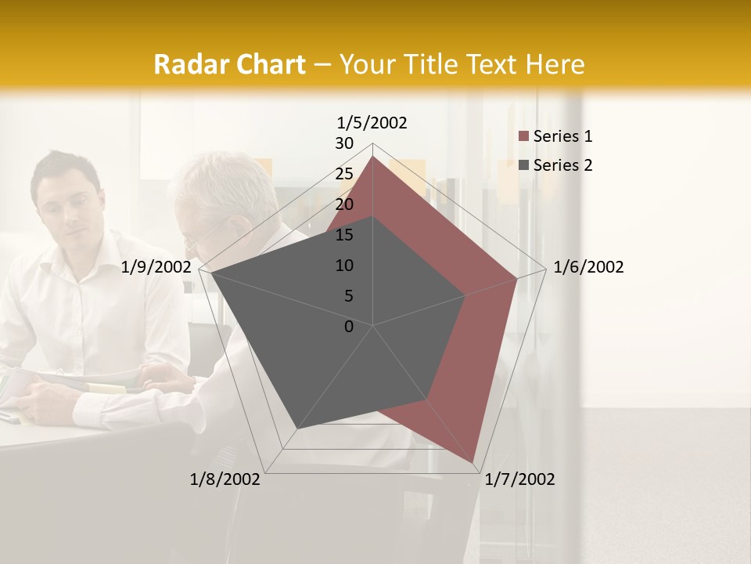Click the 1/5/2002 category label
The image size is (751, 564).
tap(372, 122)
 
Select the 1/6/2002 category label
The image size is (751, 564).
tap(588, 267)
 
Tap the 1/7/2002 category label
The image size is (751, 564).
tap(519, 479)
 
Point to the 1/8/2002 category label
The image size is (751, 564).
tap(225, 479)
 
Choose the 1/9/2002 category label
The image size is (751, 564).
tap(156, 267)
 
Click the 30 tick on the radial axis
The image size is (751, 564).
tap(344, 143)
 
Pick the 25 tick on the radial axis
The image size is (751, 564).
tap(344, 174)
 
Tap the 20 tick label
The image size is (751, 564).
tap(344, 204)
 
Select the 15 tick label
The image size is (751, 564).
tap(344, 235)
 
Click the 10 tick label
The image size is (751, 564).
tap(344, 266)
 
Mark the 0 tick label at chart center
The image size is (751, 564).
tap(349, 327)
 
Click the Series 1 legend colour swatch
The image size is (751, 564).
tap(523, 136)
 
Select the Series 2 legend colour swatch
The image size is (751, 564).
tap(523, 165)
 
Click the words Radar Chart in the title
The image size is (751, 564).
tap(229, 65)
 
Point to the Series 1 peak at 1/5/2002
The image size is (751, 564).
tap(373, 157)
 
